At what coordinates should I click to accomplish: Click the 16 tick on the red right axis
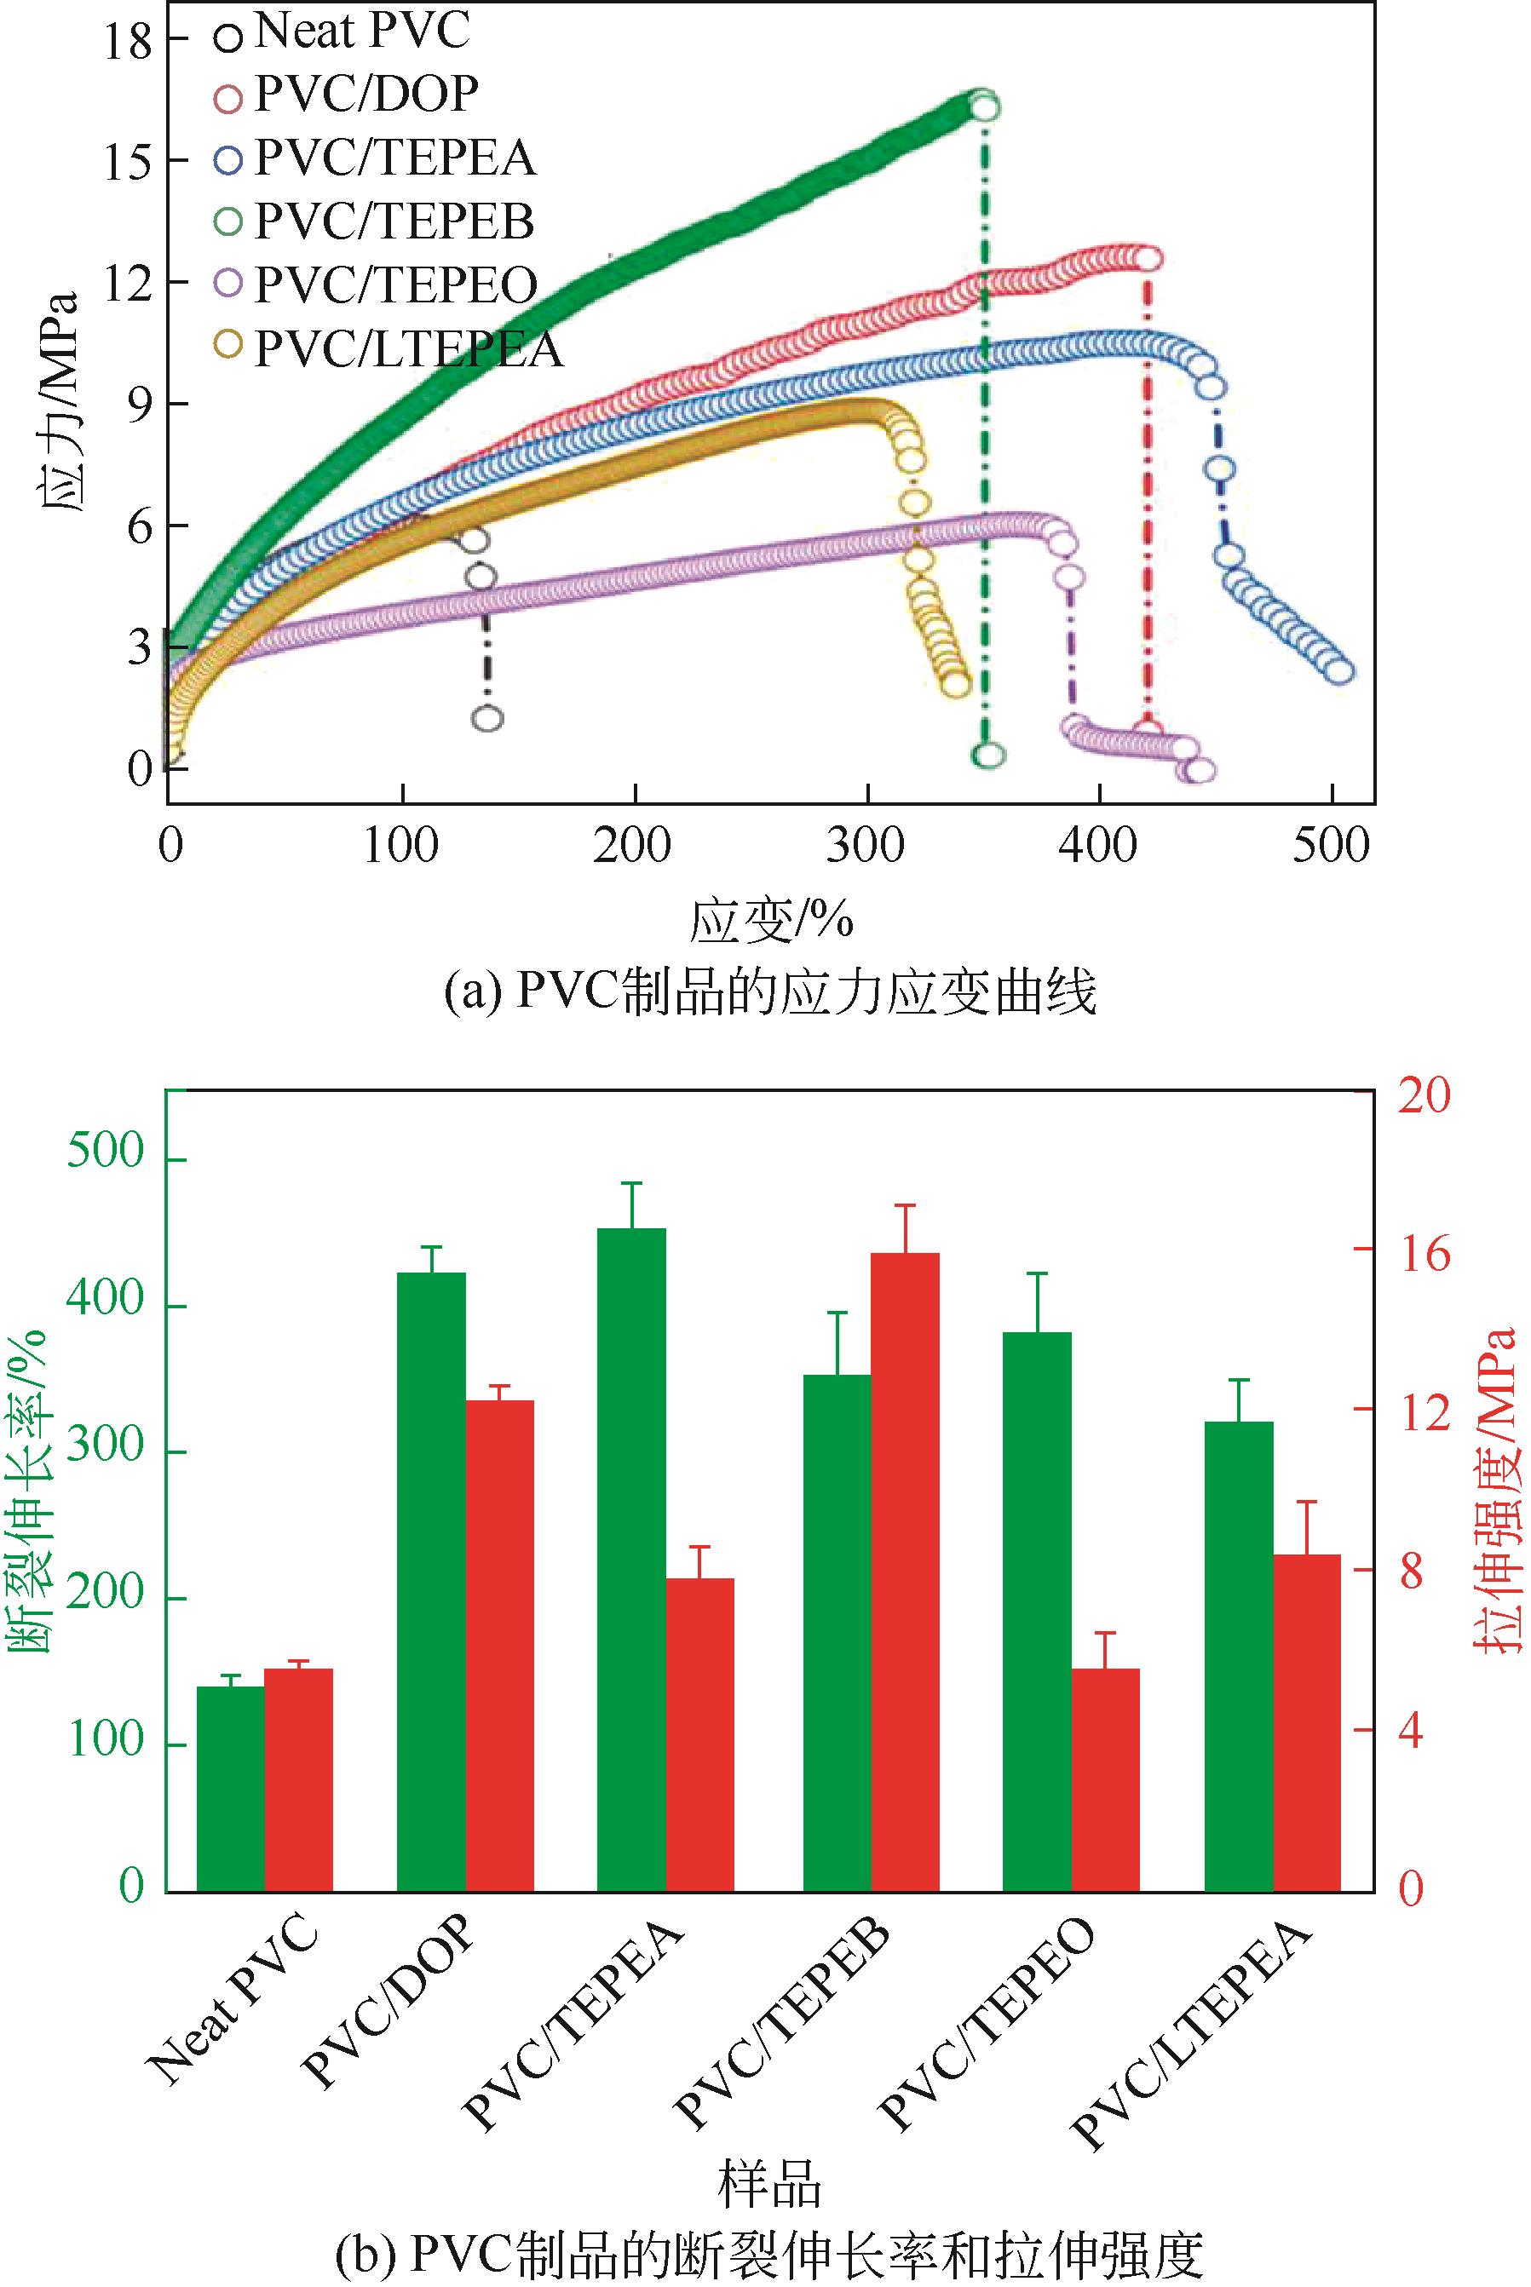(x=1424, y=1255)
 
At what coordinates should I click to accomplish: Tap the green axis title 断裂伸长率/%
(x=32, y=1493)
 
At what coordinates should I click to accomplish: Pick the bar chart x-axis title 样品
(x=769, y=2185)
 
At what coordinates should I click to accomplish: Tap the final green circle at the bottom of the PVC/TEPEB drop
(x=988, y=755)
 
